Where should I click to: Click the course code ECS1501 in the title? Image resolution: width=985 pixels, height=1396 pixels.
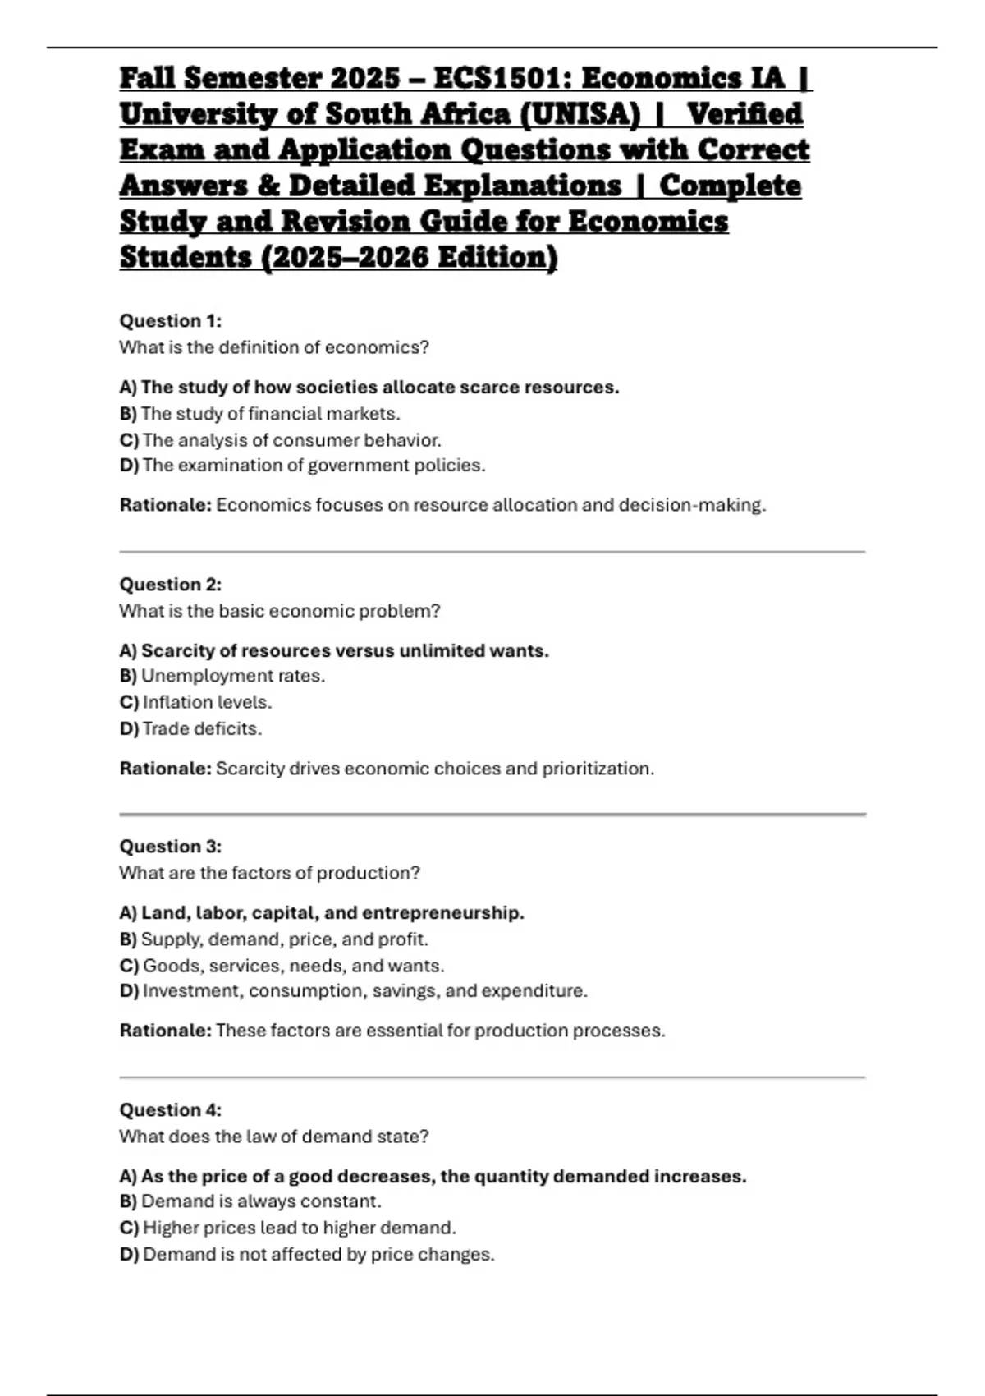coord(503,78)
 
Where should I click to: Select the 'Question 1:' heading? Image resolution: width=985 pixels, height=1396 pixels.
coord(171,321)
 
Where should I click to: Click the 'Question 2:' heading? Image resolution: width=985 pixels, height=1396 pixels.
coord(171,585)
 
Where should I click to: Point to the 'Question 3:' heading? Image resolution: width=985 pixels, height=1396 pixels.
coord(171,847)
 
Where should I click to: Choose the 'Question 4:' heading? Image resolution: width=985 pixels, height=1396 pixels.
coord(171,1110)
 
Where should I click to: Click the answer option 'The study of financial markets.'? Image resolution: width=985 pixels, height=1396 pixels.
coord(270,414)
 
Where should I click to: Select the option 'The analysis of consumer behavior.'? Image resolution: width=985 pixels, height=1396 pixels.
coord(291,440)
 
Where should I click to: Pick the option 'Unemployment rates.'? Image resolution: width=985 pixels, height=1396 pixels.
coord(233,676)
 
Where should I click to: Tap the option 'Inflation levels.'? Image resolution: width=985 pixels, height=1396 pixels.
coord(207,702)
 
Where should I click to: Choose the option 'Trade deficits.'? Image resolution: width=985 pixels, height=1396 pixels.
coord(202,728)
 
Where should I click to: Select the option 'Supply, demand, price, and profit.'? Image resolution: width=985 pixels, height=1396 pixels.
coord(284,939)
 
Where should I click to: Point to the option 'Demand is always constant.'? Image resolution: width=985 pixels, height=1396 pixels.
coord(261,1201)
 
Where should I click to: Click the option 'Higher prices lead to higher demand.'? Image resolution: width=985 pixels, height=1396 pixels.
coord(299,1228)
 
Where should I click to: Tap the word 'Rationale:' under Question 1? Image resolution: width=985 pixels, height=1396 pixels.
coord(166,505)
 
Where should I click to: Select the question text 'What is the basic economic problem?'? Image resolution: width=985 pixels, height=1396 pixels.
coord(280,611)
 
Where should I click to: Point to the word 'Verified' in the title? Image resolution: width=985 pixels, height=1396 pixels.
coord(744,114)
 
